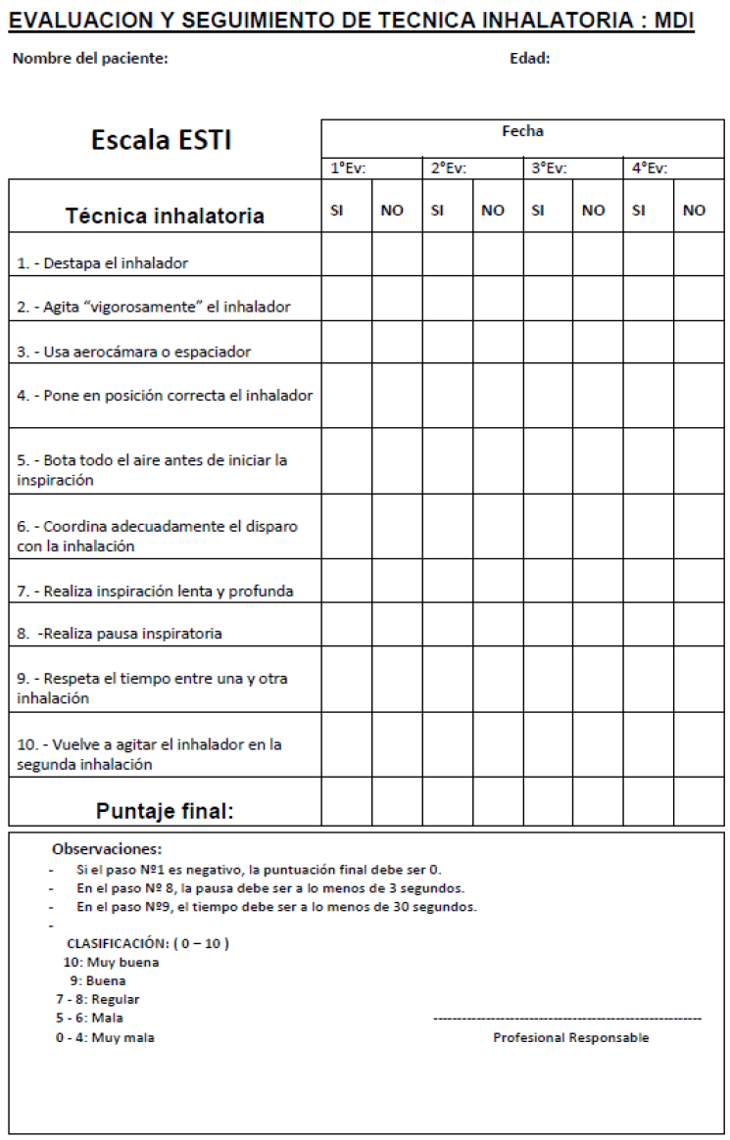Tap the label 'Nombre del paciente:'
[x=90, y=59]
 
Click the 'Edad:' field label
[x=529, y=59]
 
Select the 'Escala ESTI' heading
[x=162, y=140]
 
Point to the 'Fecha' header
[x=522, y=131]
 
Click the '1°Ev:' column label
[x=348, y=168]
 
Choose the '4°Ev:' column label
[x=649, y=168]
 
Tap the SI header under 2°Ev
[x=438, y=210]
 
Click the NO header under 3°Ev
[x=594, y=211]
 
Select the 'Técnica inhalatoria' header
[x=165, y=216]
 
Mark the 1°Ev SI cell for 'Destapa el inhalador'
[x=347, y=255]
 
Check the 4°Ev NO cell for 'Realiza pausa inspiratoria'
[x=699, y=624]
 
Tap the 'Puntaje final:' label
[x=165, y=811]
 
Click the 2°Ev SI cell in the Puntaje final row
[x=448, y=801]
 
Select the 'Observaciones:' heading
[x=107, y=849]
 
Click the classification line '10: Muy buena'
[x=111, y=962]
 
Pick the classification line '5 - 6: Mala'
[x=89, y=1018]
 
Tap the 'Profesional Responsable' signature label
[x=570, y=1038]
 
